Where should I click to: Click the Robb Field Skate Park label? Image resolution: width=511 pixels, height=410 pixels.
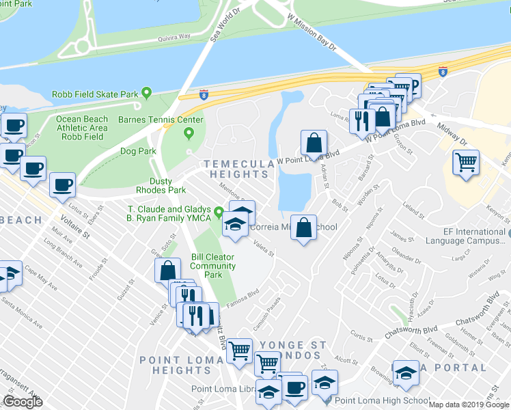[96, 94]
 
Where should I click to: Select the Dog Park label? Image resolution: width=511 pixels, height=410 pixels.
[138, 151]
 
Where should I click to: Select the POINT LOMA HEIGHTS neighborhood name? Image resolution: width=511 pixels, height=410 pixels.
[180, 365]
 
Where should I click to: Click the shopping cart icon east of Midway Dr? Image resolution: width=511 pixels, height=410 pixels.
[466, 163]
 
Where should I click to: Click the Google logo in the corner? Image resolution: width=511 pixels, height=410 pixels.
[23, 402]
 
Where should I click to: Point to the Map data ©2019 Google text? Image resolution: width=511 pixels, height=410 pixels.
[469, 405]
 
